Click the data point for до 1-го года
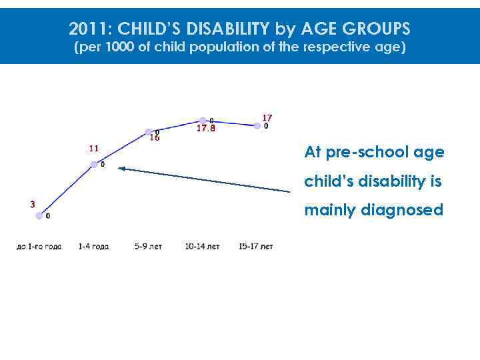pyautogui.click(x=39, y=215)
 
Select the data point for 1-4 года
pyautogui.click(x=94, y=164)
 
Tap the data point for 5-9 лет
pyautogui.click(x=149, y=132)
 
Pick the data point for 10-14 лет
pyautogui.click(x=203, y=121)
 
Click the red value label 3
pyautogui.click(x=32, y=205)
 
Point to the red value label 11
pyautogui.click(x=94, y=149)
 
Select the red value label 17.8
pyautogui.click(x=205, y=129)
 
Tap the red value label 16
pyautogui.click(x=154, y=139)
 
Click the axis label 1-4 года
pyautogui.click(x=93, y=247)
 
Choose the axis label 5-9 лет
pyautogui.click(x=148, y=247)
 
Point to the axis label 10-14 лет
pyautogui.click(x=203, y=247)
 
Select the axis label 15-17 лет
pyautogui.click(x=256, y=247)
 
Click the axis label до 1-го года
pyautogui.click(x=39, y=247)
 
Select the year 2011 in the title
pyautogui.click(x=84, y=29)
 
